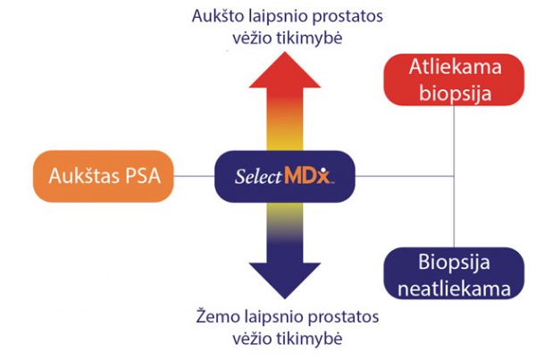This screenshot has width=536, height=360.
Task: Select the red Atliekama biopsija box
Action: point(452,81)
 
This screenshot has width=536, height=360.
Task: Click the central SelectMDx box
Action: point(285,176)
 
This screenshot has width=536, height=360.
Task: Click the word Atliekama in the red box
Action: point(452,68)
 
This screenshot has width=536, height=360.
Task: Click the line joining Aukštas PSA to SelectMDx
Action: point(193,176)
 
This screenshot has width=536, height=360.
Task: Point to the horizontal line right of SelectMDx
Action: point(402,176)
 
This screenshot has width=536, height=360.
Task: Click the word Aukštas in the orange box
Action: point(81,175)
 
